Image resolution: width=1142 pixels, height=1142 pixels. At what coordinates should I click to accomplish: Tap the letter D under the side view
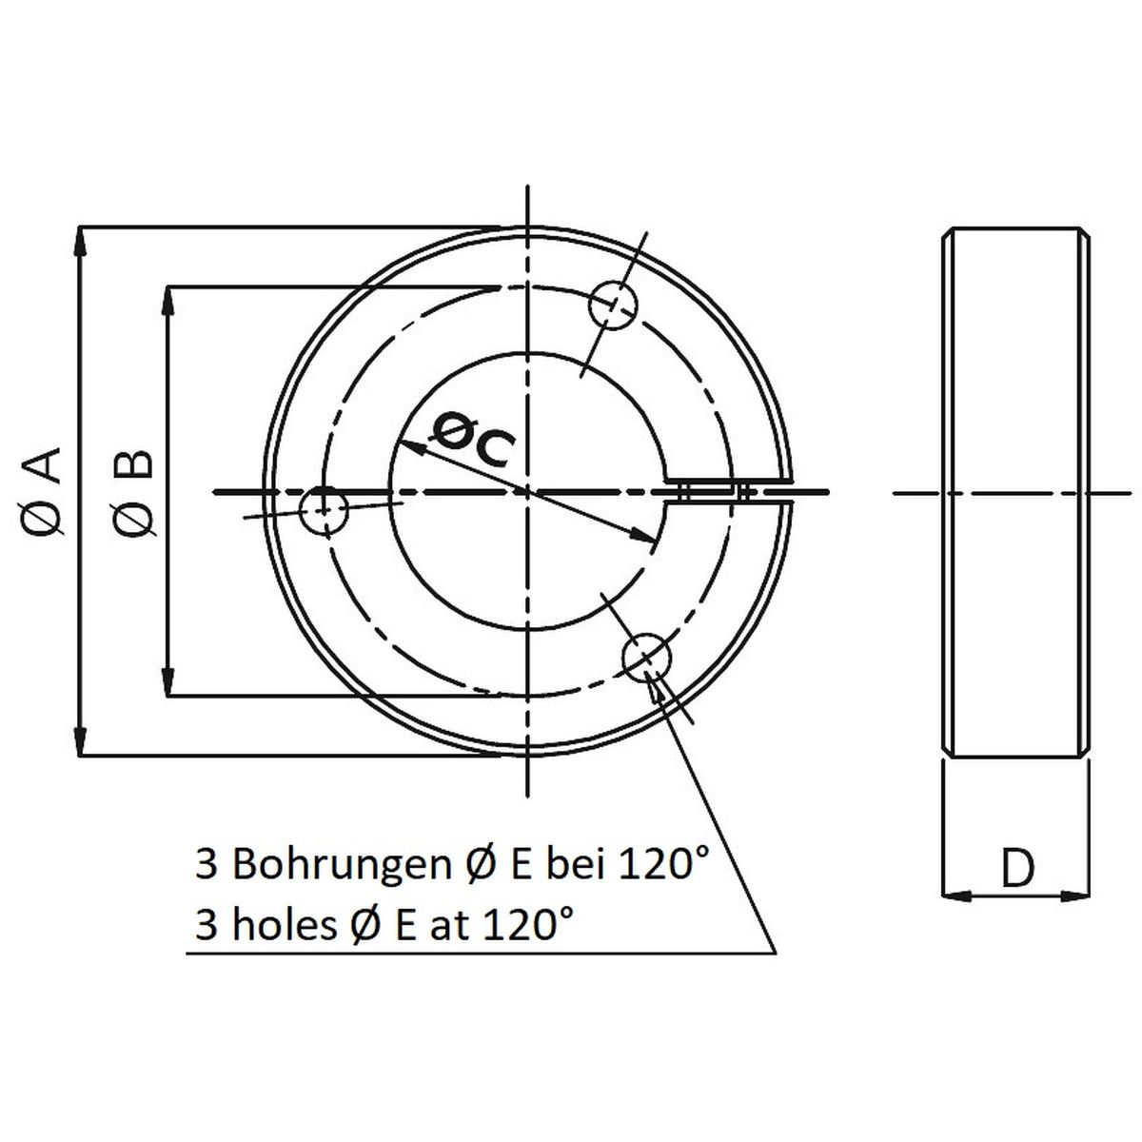[x=1017, y=868]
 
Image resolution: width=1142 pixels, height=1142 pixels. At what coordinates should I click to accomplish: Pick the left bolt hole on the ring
[x=325, y=511]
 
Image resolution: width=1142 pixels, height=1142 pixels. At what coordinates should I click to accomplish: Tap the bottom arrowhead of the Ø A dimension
[x=81, y=744]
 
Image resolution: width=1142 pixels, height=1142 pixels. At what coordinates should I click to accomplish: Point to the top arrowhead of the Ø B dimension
[x=168, y=299]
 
